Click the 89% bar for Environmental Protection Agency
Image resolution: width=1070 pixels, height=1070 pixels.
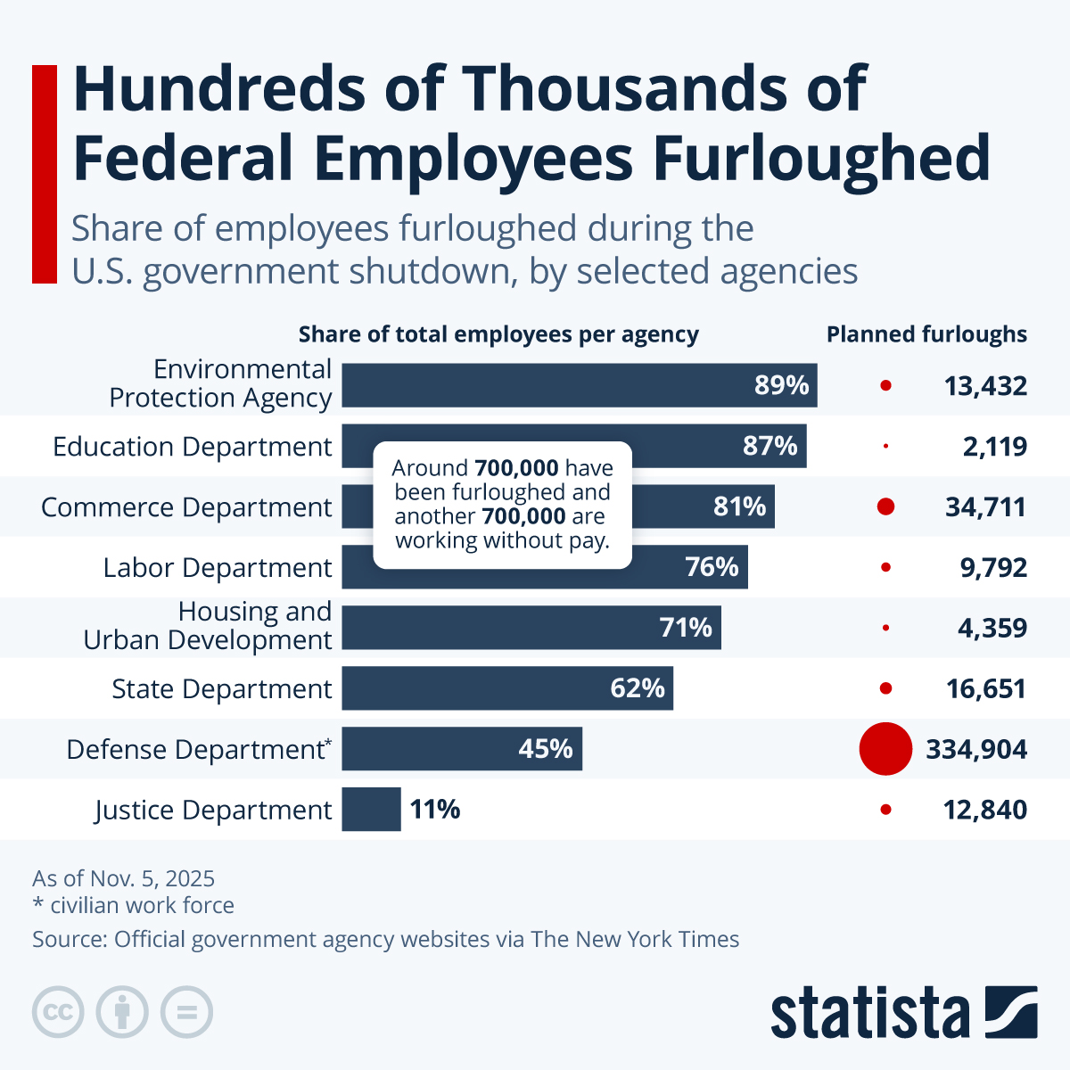[x=580, y=385]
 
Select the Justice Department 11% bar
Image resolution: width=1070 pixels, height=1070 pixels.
[x=371, y=810]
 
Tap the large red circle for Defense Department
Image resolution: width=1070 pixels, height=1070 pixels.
[x=885, y=749]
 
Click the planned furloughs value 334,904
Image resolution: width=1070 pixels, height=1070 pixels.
[x=976, y=749]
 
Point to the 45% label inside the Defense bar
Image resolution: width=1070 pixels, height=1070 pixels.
[x=546, y=749]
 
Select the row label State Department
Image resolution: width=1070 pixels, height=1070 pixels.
[x=221, y=689]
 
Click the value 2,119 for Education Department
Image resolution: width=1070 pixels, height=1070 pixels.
[x=994, y=446]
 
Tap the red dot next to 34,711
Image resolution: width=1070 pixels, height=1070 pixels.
[x=885, y=506]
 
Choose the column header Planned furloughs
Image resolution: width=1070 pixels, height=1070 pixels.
[x=926, y=334]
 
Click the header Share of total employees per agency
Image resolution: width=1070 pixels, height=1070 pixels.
[x=498, y=334]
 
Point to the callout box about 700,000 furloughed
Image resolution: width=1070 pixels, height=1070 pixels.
[x=502, y=505]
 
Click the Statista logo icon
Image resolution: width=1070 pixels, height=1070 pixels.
[x=1011, y=1012]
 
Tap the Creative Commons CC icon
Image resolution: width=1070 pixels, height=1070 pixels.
[x=58, y=1012]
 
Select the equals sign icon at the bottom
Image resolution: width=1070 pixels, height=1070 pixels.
[x=186, y=1012]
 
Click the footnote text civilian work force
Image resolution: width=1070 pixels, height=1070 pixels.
[x=141, y=905]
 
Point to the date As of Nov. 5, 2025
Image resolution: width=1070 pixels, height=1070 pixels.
[x=123, y=878]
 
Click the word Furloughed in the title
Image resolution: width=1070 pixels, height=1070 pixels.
[x=821, y=158]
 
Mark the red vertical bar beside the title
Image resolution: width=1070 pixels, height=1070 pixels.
[x=45, y=174]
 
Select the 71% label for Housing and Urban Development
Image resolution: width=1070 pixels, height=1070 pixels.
[x=686, y=628]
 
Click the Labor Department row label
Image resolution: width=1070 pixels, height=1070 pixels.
[x=217, y=568]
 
